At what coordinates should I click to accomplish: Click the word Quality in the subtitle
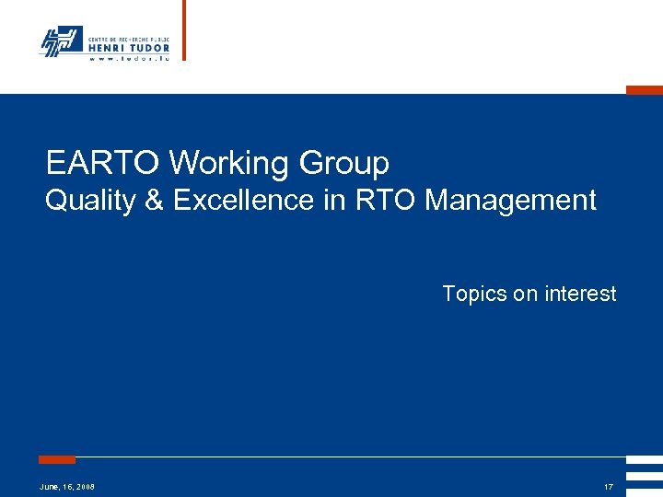(x=90, y=200)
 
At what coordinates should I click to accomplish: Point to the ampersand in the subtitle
(x=153, y=200)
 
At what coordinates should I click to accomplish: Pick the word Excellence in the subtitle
(x=243, y=200)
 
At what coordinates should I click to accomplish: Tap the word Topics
(x=475, y=294)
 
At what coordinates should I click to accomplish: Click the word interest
(x=579, y=294)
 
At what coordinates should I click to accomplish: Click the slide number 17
(x=608, y=486)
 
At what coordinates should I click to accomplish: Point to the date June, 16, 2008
(x=67, y=486)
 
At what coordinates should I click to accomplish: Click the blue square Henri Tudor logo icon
(x=61, y=41)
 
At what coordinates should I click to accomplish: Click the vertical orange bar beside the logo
(x=183, y=30)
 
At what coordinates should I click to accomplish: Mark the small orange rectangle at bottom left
(x=57, y=459)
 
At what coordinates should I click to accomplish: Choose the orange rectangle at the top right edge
(x=645, y=90)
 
